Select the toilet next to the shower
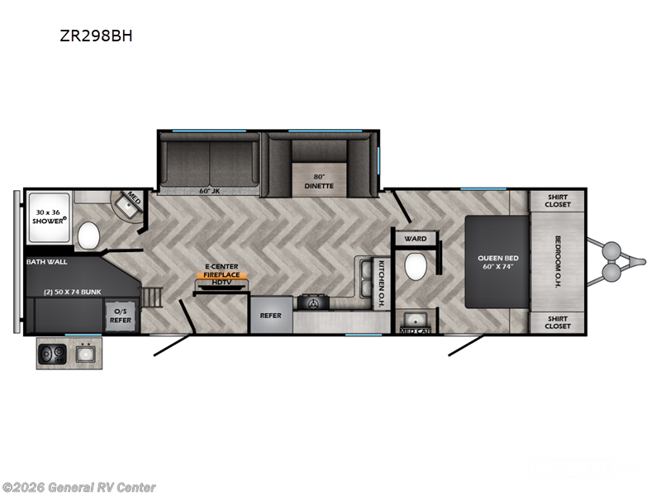(x=88, y=236)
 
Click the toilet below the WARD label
(x=416, y=267)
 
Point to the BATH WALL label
(x=47, y=261)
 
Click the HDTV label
(x=222, y=283)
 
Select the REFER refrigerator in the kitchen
(x=271, y=316)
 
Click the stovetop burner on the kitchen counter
(x=313, y=303)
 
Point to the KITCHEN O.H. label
(x=383, y=284)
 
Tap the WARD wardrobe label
(x=416, y=239)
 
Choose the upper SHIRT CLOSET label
(x=558, y=201)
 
